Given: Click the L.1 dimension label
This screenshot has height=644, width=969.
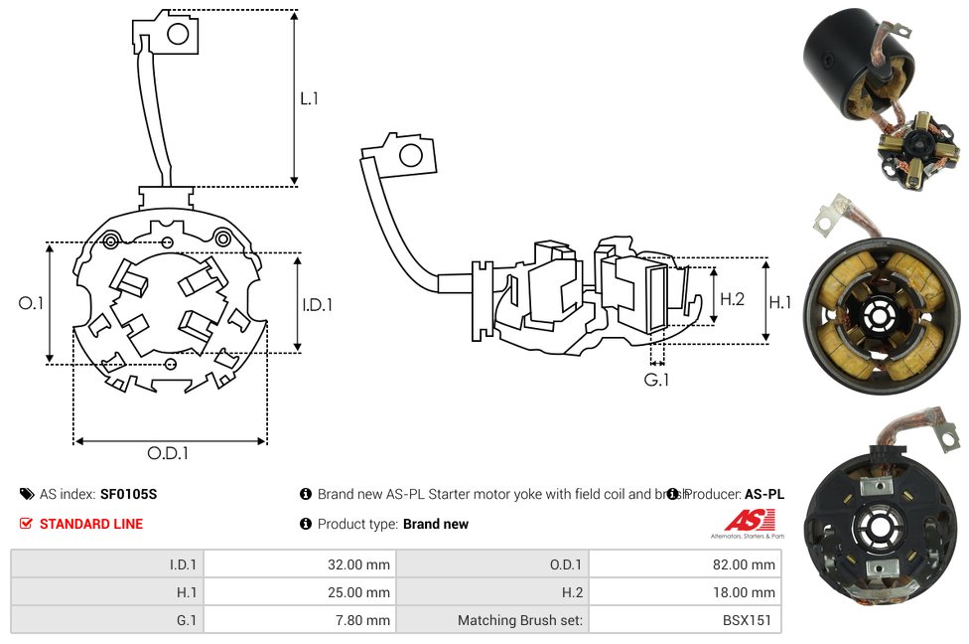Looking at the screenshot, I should [310, 98].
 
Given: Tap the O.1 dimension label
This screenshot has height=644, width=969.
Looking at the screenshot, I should [31, 303].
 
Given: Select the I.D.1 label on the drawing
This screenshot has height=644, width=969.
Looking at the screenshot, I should [317, 305].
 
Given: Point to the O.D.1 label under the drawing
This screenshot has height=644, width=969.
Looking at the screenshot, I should [168, 453].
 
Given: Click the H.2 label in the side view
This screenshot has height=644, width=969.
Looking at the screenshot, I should [732, 299].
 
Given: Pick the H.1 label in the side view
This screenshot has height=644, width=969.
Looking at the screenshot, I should [780, 302].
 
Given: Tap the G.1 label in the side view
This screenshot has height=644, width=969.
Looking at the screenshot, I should [656, 380].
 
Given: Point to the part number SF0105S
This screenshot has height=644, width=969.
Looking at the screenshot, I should [128, 494].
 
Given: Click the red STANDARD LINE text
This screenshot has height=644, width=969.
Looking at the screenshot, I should [91, 524].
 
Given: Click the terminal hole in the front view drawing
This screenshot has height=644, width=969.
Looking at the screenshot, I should [178, 35].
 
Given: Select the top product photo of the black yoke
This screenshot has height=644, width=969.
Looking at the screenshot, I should [882, 96].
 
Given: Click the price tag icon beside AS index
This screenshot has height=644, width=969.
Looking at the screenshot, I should [27, 494].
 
